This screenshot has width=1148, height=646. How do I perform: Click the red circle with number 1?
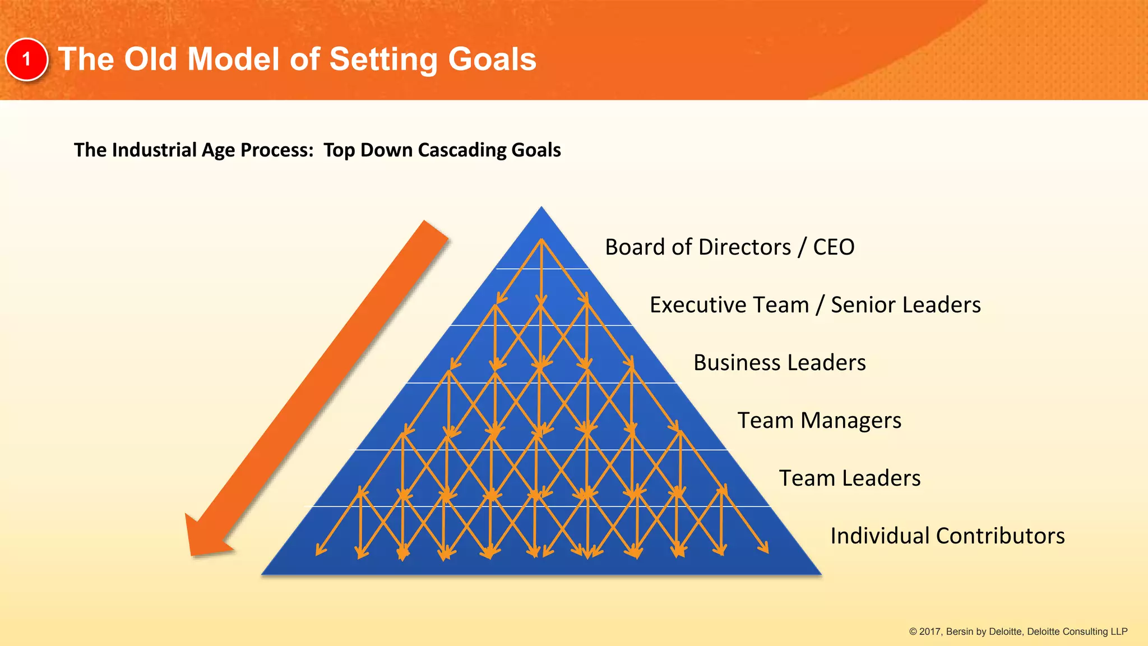(x=26, y=59)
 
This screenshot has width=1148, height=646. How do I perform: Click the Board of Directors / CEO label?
(x=729, y=247)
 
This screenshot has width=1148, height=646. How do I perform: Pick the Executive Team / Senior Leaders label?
(x=815, y=305)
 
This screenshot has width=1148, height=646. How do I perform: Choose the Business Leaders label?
(x=779, y=363)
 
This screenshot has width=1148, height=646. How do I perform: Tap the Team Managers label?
(x=819, y=421)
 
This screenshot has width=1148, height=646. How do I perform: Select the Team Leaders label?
(x=849, y=478)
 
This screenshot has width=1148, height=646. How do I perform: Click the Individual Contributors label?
(x=947, y=536)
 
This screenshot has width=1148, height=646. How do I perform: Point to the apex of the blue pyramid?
(x=541, y=209)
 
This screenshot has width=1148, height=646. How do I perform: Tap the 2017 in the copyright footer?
(x=931, y=632)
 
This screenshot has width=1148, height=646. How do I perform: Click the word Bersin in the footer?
(x=960, y=632)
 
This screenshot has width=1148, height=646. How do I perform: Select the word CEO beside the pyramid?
(x=834, y=247)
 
